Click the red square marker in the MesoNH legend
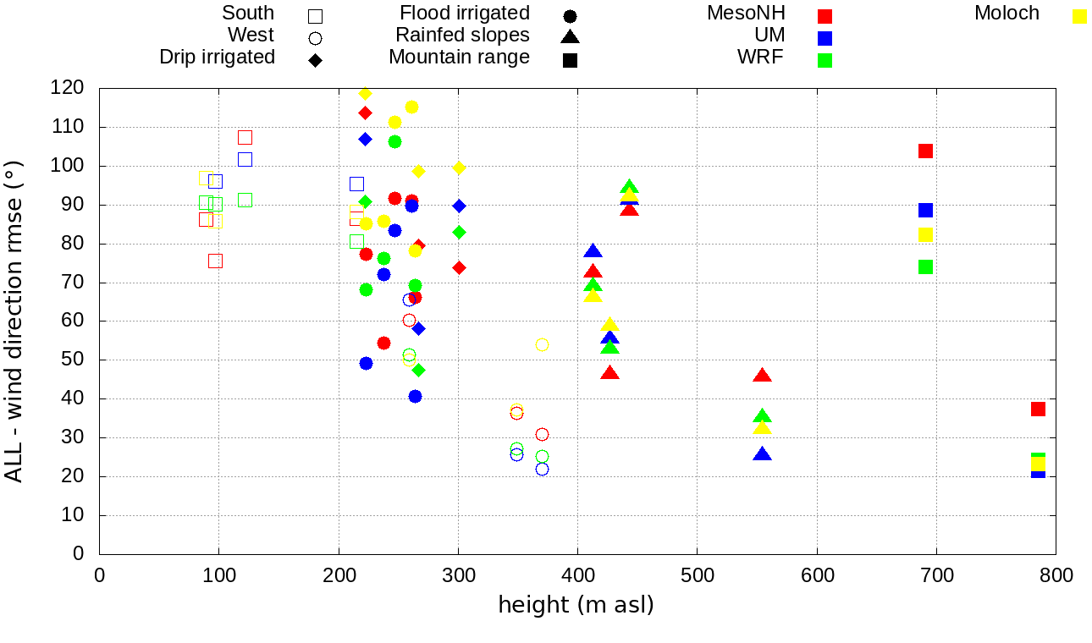click(825, 16)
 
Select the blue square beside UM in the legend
click(825, 38)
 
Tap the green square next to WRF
click(825, 60)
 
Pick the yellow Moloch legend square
click(1079, 16)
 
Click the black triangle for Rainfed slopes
click(570, 37)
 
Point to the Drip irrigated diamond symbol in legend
click(315, 60)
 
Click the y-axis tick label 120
click(68, 88)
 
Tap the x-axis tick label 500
click(698, 576)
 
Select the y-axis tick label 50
click(74, 360)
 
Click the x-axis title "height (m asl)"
click(576, 606)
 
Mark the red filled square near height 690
click(925, 151)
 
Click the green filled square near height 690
click(925, 267)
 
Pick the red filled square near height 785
click(1038, 409)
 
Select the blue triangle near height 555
click(762, 454)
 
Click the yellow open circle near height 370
click(542, 344)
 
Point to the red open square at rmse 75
click(215, 261)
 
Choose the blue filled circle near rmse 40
click(415, 397)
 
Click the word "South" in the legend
click(248, 14)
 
